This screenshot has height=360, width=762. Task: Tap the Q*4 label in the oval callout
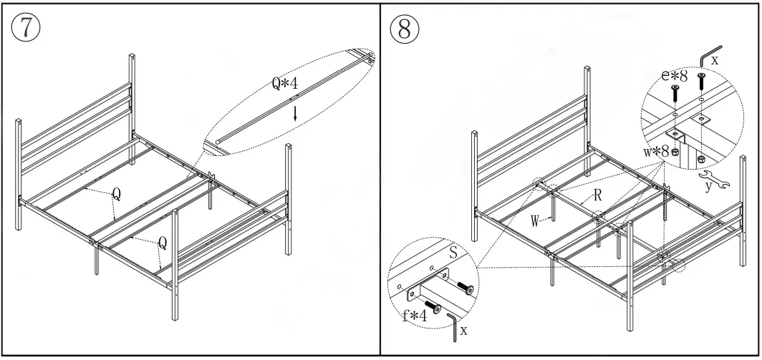tap(284, 84)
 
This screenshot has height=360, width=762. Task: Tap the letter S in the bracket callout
tap(453, 253)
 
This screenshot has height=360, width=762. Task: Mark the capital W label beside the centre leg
tap(535, 220)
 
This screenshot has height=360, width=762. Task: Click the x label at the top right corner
tap(714, 62)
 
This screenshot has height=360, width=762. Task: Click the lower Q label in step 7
tap(162, 243)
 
